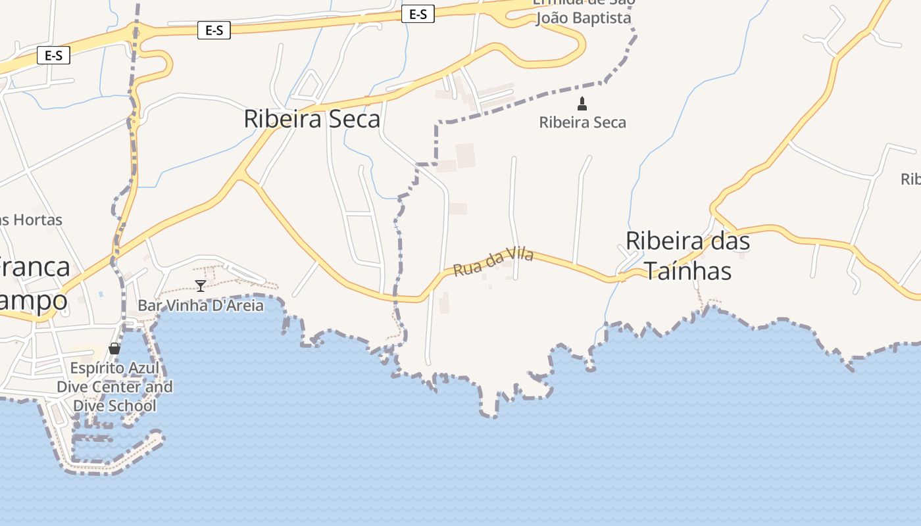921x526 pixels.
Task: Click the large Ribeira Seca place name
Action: tap(312, 119)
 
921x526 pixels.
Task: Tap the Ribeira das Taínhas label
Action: tap(687, 256)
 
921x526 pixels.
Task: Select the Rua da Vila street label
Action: tap(493, 262)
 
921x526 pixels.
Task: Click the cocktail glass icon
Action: tap(201, 285)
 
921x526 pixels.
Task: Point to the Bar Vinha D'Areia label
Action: tap(200, 306)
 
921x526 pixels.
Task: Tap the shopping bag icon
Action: tap(114, 348)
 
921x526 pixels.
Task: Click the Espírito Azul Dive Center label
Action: tap(114, 387)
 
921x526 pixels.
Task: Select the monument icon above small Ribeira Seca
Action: tap(582, 103)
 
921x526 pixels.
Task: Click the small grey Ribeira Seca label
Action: tap(582, 122)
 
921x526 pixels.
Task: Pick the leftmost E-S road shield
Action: tap(53, 55)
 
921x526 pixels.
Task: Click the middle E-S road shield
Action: tap(214, 30)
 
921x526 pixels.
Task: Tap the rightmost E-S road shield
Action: tap(418, 14)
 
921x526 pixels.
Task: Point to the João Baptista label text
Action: tap(584, 18)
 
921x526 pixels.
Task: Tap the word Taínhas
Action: tap(687, 270)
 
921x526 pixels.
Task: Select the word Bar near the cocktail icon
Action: tap(149, 306)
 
